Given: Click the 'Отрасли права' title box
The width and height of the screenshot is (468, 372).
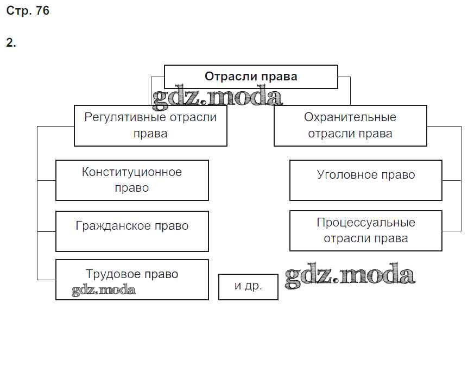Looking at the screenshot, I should pyautogui.click(x=251, y=77).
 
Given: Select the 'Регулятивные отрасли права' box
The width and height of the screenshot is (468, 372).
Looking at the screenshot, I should pyautogui.click(x=150, y=125).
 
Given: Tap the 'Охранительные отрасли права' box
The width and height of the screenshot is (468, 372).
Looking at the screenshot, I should pyautogui.click(x=350, y=125).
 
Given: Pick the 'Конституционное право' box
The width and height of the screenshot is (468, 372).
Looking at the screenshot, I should pyautogui.click(x=132, y=180).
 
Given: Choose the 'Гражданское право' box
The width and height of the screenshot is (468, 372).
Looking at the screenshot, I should pyautogui.click(x=132, y=231).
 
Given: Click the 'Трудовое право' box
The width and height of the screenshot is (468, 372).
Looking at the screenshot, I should pyautogui.click(x=132, y=279).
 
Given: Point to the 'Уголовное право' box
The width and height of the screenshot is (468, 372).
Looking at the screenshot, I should pyautogui.click(x=365, y=180).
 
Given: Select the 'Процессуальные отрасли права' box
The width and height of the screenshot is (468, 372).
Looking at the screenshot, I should pyautogui.click(x=365, y=231).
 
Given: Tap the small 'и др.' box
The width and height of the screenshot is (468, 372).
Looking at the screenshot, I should pyautogui.click(x=248, y=287).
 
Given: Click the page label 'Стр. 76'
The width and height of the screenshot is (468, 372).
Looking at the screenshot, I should pyautogui.click(x=27, y=11).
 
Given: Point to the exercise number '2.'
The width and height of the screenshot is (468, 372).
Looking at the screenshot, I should pyautogui.click(x=11, y=43).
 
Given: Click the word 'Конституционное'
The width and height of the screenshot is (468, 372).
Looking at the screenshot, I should pyautogui.click(x=132, y=173).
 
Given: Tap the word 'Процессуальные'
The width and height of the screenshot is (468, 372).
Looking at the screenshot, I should pyautogui.click(x=366, y=223).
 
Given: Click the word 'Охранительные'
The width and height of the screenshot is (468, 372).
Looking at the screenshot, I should pyautogui.click(x=350, y=117).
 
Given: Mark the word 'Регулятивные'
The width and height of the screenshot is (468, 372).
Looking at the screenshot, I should pyautogui.click(x=118, y=117).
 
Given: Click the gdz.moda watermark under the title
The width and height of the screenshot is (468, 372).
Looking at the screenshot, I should pyautogui.click(x=217, y=97).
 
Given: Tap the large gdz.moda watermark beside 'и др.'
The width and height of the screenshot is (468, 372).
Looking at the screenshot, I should pyautogui.click(x=350, y=275).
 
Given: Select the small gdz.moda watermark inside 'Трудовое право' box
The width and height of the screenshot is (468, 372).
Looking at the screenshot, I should pyautogui.click(x=104, y=291).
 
